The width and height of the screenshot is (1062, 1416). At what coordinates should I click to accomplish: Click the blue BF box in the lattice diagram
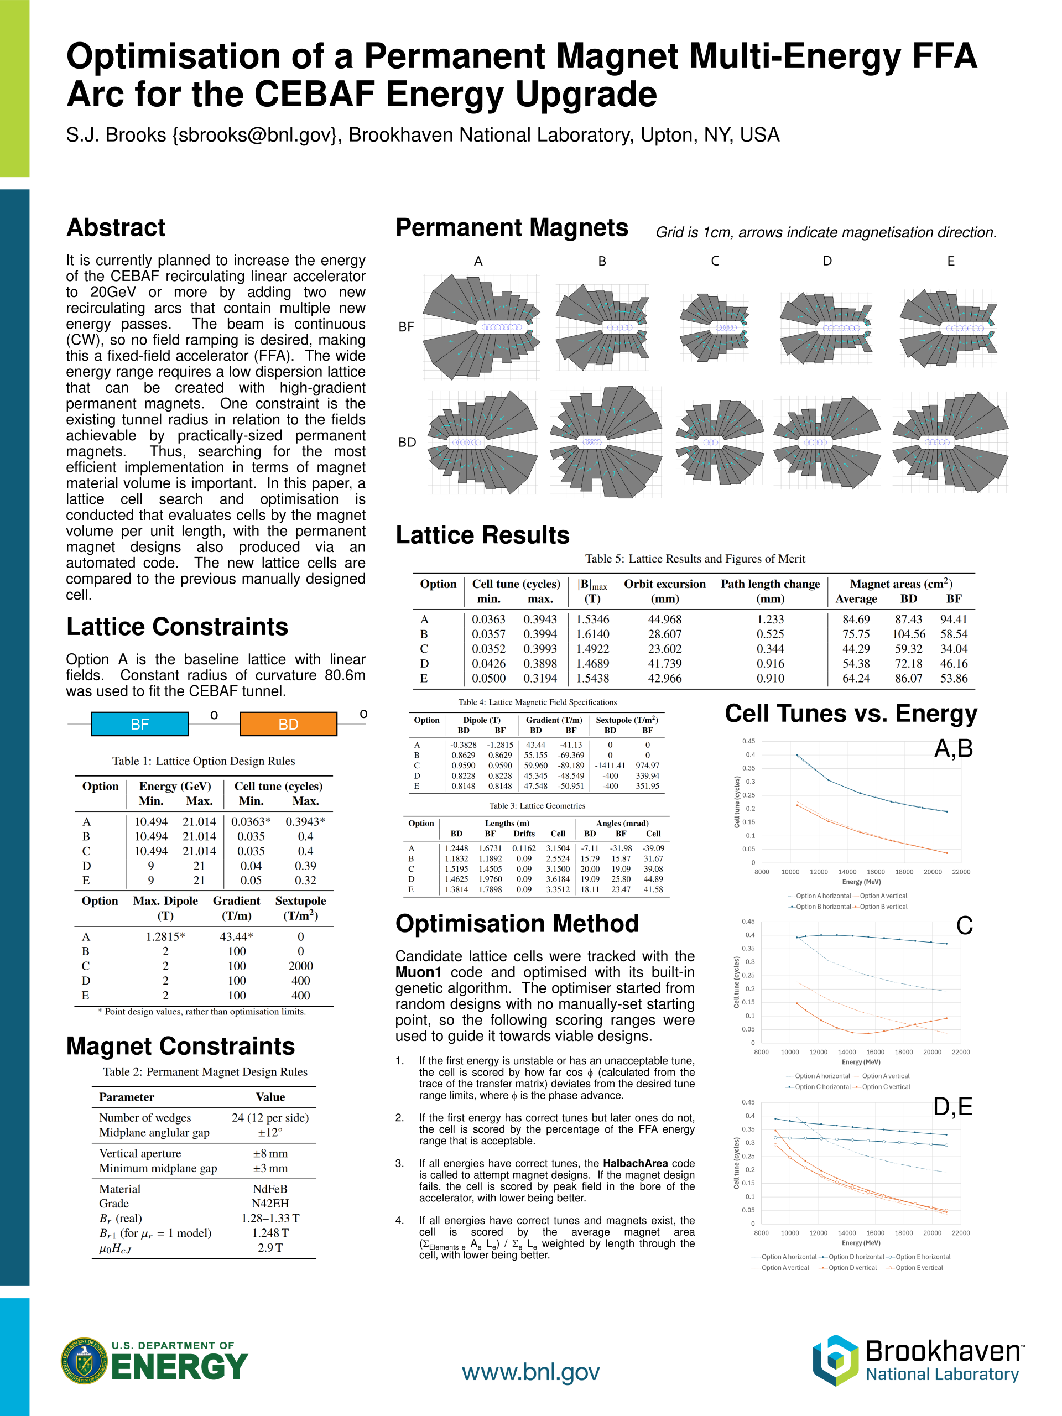[x=139, y=724]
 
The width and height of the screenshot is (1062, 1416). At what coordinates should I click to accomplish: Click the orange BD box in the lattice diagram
[x=288, y=724]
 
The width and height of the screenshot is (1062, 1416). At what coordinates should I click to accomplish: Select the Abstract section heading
[x=116, y=228]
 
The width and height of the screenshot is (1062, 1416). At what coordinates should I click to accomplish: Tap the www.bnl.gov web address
[x=530, y=1372]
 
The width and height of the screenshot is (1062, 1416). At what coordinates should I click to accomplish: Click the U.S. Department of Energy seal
[x=84, y=1361]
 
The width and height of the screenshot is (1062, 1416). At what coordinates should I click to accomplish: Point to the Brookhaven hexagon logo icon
[x=835, y=1360]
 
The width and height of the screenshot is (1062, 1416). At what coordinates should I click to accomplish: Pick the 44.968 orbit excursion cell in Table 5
[x=664, y=619]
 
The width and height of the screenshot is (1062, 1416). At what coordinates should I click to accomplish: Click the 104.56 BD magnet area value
[x=908, y=634]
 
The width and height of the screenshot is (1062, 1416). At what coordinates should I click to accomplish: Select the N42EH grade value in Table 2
[x=270, y=1204]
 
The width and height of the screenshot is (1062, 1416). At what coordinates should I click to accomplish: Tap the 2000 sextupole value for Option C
[x=300, y=966]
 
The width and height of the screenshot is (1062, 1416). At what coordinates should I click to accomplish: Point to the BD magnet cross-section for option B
[x=605, y=442]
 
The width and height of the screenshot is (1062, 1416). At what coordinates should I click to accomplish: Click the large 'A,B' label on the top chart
[x=953, y=748]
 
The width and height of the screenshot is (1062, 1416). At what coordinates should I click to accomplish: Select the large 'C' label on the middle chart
[x=964, y=925]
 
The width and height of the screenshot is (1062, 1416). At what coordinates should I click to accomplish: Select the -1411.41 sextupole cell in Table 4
[x=610, y=766]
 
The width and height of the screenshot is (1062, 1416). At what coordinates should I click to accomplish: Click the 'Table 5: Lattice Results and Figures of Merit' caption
[x=695, y=559]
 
